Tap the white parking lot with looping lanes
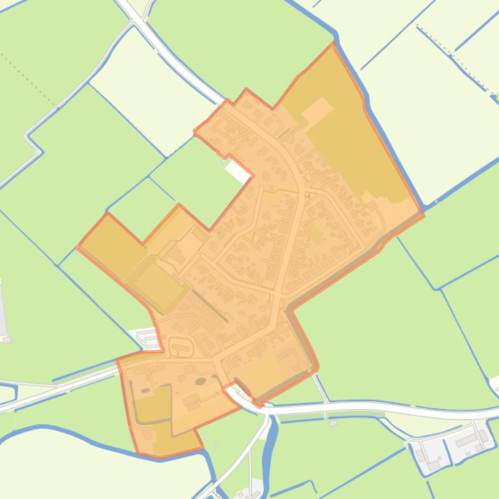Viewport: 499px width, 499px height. [x=149, y=338]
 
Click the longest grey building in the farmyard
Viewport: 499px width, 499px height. [x=467, y=441]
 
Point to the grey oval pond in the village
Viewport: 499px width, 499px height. [x=201, y=382]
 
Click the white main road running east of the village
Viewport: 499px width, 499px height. [x=389, y=408]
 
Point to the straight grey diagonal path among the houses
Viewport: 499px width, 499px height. [x=210, y=305]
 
